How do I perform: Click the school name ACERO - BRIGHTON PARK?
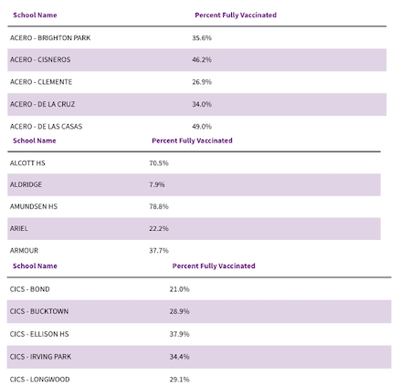50,38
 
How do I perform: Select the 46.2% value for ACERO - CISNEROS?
202,59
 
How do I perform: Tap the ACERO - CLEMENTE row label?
41,82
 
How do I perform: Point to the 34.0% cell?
202,104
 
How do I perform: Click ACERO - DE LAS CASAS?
47,127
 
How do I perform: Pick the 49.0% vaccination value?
202,127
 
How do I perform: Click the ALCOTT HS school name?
27,163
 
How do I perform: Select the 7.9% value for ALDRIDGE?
157,184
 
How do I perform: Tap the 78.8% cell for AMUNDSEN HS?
159,206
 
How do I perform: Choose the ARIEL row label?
19,228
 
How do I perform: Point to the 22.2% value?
159,228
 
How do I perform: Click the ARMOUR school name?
24,251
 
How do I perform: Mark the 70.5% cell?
159,163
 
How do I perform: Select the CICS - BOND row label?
30,289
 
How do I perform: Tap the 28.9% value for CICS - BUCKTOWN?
180,311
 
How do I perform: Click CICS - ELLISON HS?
39,334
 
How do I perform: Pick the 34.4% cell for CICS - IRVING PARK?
180,357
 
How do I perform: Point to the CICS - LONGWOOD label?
40,380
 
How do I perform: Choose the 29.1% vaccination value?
180,380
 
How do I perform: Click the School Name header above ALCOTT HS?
35,141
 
